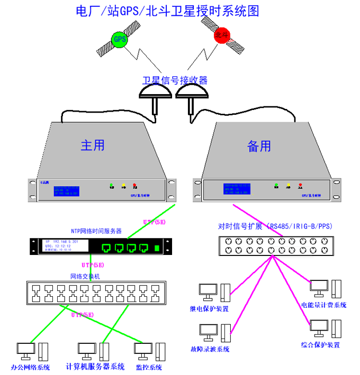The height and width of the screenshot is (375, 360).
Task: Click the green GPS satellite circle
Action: (x=120, y=39)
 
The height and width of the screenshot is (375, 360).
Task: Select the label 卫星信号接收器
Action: (x=175, y=80)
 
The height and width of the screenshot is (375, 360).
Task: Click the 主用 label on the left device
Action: (x=93, y=145)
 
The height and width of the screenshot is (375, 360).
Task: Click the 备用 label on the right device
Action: (x=259, y=146)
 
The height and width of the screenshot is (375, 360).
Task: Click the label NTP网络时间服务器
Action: (x=96, y=231)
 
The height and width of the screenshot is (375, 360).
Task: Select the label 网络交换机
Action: (x=87, y=276)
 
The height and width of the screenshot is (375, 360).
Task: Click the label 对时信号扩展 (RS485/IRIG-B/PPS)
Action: (x=275, y=226)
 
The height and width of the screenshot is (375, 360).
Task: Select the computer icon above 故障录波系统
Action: (x=208, y=331)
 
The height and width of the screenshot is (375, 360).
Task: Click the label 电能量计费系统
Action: (x=323, y=305)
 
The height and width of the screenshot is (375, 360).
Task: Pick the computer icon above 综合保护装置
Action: (x=319, y=327)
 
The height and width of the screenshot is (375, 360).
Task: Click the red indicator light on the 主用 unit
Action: (x=134, y=186)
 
